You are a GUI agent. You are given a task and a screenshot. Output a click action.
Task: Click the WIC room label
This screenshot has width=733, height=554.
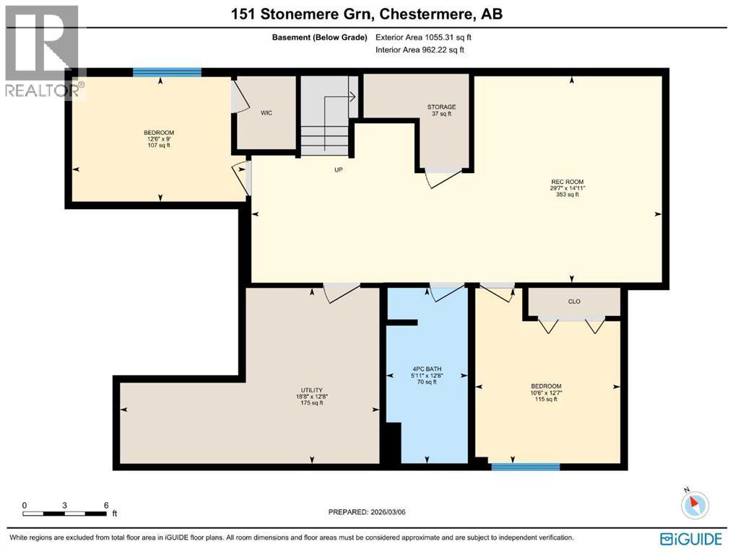pos(266,113)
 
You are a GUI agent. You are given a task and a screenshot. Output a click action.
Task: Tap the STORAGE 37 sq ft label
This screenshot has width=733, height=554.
pos(441,110)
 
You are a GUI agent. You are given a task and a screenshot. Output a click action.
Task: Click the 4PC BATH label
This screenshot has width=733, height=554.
pos(426,377)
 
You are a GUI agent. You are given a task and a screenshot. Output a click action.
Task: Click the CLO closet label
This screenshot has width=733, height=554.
pos(574,302)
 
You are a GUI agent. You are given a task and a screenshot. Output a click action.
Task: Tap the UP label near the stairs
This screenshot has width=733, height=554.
pos(337,170)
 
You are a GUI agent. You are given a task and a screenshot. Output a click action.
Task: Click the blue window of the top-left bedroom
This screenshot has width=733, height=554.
pos(167,71)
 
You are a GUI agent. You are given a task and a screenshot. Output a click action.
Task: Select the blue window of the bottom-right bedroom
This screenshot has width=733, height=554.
pos(526,467)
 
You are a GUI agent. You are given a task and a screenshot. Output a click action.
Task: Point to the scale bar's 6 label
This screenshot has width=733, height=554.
pos(106,505)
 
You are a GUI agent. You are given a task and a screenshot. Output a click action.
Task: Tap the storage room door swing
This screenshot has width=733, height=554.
pos(441,178)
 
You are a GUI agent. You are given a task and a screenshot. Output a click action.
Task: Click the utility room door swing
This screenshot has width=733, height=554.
pos(341,292)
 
